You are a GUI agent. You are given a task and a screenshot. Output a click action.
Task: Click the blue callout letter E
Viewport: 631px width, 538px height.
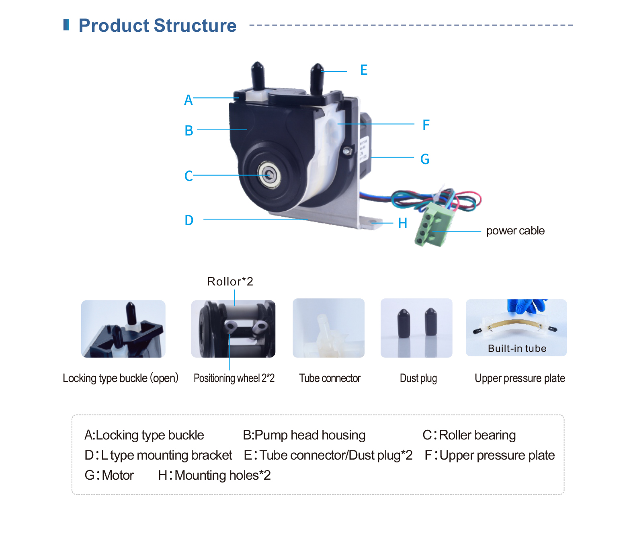364,70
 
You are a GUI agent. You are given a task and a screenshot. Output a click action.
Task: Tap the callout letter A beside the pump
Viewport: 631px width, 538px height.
188,100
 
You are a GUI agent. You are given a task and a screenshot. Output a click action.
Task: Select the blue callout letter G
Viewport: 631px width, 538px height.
425,159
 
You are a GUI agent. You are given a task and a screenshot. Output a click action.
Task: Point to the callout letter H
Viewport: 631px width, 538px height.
402,223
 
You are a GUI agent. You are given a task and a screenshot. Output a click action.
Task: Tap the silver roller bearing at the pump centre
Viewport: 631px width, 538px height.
269,175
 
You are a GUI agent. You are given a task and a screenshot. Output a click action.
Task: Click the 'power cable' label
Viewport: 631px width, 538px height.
515,230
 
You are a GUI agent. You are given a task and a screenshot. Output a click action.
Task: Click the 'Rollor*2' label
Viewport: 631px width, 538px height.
230,281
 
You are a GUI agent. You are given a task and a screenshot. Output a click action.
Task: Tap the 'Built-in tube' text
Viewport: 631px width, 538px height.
517,348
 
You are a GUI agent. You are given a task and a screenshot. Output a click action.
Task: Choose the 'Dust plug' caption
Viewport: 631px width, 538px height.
418,378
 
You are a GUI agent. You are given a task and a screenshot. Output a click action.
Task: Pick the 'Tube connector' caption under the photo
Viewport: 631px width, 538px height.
330,378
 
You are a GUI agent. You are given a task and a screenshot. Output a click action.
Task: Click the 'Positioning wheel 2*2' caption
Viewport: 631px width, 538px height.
234,378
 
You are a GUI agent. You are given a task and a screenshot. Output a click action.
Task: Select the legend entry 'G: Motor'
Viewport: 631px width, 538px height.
109,475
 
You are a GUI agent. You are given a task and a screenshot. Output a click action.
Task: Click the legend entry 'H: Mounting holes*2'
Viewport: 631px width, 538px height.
214,475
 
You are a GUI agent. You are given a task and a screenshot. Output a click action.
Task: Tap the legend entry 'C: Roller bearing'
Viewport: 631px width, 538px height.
469,435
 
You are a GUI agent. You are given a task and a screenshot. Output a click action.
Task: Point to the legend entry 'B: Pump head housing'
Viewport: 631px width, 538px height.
304,435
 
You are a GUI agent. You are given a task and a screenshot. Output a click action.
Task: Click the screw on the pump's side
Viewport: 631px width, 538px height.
347,151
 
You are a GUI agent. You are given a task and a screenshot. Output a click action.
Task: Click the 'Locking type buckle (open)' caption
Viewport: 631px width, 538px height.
121,378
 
